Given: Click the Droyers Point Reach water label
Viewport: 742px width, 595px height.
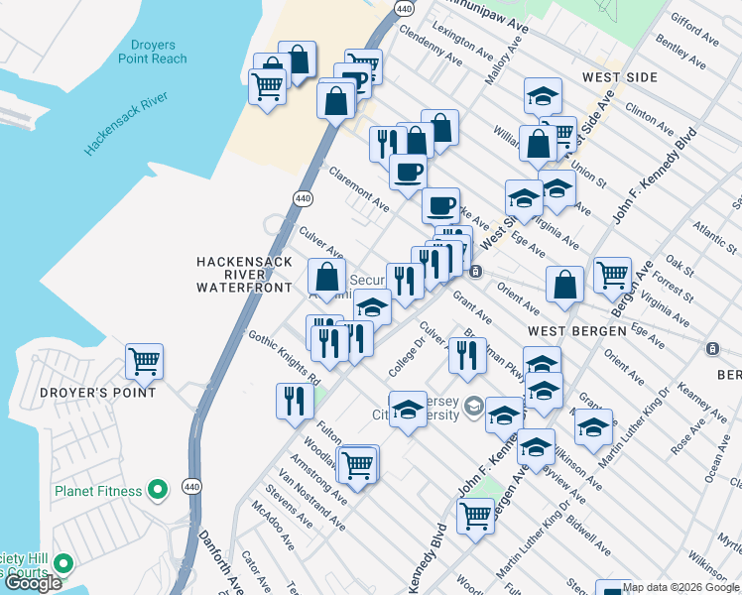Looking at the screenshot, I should coord(159,53).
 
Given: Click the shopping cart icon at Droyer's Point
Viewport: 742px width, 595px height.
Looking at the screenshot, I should coord(145,362).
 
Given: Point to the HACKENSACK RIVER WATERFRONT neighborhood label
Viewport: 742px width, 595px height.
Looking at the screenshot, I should coord(244,274).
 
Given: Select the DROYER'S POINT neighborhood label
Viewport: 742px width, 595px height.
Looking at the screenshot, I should coord(98,393).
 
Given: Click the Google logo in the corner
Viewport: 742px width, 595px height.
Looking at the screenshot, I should coord(33,583).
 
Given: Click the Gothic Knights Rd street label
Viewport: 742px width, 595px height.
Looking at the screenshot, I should coord(285,358).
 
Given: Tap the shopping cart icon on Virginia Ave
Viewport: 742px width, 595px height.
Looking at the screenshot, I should coord(613,275).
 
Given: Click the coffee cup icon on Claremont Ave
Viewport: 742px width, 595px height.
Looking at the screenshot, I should coord(408,172).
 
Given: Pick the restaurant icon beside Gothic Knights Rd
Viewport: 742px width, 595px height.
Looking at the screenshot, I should coord(294,400).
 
